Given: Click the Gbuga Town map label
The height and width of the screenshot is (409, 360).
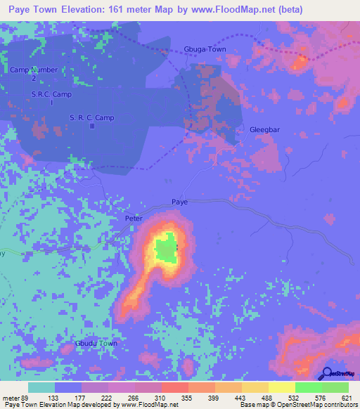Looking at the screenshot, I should coord(205,49).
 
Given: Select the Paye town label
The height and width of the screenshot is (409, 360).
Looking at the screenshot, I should coord(180,202).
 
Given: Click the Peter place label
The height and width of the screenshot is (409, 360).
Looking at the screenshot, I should coord(134,219).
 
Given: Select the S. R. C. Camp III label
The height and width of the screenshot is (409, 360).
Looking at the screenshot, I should coord(91,122).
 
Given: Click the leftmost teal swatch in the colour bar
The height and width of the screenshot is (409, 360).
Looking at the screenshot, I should coord(41,387).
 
